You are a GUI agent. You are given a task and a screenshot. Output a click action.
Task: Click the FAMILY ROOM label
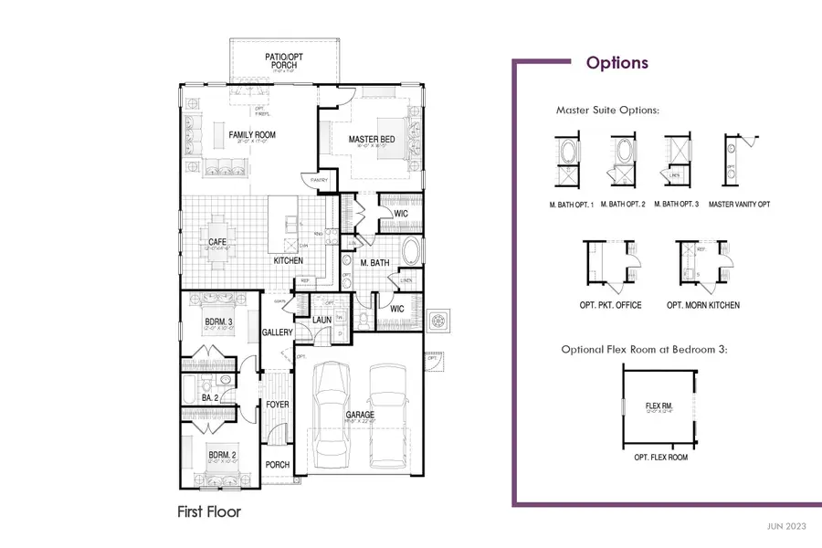(252, 135)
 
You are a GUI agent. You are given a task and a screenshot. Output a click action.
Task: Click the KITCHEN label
(289, 261)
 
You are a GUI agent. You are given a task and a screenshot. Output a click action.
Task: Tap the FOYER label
(278, 404)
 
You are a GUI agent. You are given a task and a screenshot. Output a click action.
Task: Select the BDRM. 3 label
(219, 321)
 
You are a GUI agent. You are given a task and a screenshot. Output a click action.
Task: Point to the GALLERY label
(276, 332)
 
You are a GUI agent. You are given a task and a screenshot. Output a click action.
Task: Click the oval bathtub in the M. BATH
(410, 251)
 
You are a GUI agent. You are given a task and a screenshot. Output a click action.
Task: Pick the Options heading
(617, 63)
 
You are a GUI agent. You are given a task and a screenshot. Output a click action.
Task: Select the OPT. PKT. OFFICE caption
(610, 305)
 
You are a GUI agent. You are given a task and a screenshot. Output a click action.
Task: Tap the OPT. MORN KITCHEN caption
(702, 305)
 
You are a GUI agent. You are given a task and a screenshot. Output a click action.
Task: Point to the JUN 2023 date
(786, 527)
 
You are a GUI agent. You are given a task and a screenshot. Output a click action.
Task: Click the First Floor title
(209, 512)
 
